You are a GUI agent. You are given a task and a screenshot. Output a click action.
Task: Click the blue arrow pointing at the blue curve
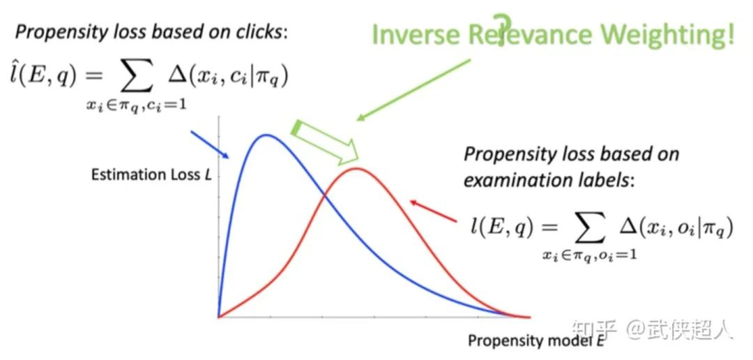tap(211, 144)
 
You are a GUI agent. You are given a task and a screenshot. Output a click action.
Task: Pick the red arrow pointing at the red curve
tap(433, 211)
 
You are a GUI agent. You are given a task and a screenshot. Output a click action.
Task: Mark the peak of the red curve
tap(356, 168)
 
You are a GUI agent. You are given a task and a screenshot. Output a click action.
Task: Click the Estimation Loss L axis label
tap(151, 174)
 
